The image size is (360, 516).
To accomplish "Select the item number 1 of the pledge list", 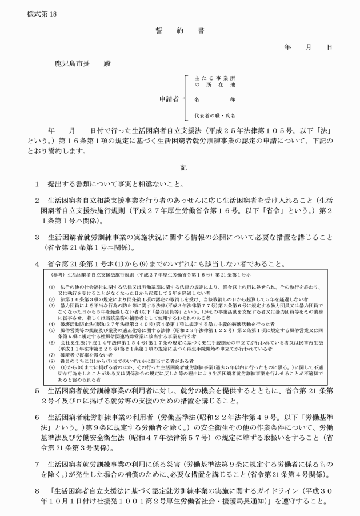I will pos(37,183).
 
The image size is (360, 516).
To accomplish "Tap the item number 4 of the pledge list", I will pos(37,263).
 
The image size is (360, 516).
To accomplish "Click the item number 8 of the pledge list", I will pos(37,490).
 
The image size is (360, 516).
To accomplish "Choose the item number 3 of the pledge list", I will pos(37,236).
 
